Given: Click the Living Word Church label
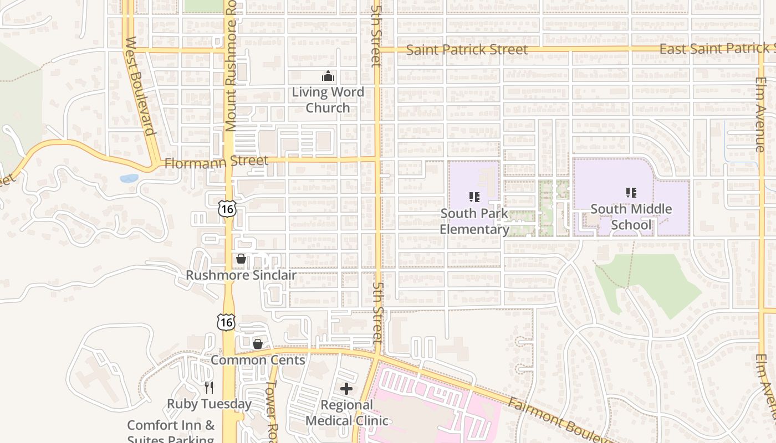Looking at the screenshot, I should [328, 100].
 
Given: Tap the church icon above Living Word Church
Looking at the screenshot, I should [328, 76].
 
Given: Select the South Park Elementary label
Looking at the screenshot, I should [474, 221].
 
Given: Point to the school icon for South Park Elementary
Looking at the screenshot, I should [474, 197].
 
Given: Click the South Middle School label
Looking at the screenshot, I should [631, 217].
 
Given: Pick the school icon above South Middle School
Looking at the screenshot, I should [631, 192].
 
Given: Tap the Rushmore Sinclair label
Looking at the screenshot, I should [241, 275].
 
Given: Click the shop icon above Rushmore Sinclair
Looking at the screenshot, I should [241, 259].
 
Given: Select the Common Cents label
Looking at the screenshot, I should [258, 360].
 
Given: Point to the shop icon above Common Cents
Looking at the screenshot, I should [258, 344].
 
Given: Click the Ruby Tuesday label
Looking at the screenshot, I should [209, 404].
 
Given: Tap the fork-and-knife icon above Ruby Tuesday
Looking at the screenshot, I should [209, 387].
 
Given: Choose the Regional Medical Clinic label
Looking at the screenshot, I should [347, 413].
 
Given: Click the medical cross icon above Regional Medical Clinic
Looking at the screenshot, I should [346, 389].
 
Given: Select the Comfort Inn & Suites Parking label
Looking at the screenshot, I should [171, 432].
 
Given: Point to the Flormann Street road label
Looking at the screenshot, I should [216, 162].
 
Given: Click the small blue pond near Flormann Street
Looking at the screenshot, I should [129, 178].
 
